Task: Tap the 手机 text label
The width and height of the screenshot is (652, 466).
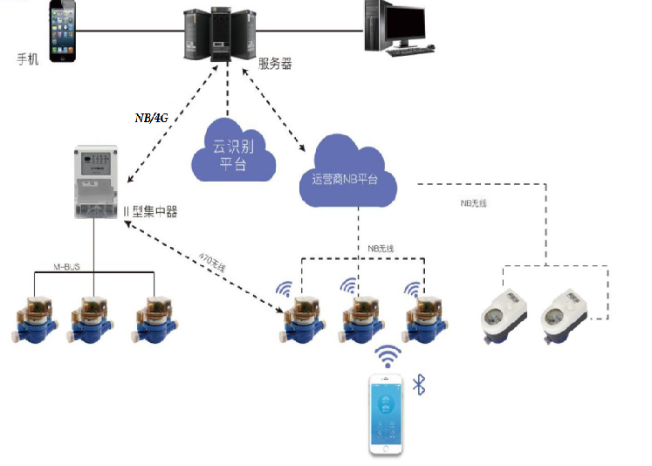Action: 29,58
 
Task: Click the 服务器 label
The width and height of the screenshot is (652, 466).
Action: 275,64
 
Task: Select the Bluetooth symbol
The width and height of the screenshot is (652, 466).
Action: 419,384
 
